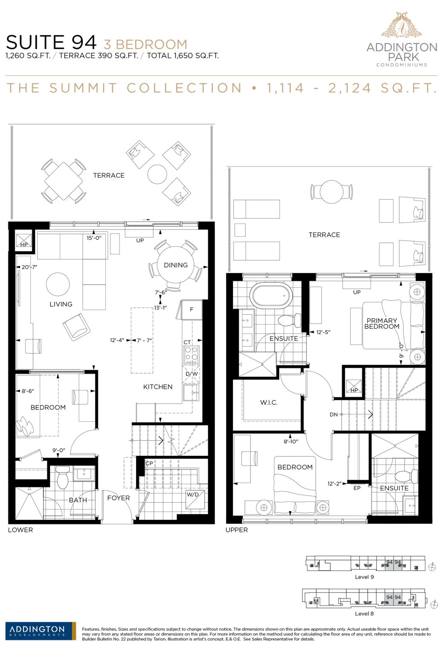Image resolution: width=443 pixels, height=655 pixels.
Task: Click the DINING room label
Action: [x=175, y=265]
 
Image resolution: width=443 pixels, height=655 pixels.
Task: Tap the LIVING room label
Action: [x=61, y=304]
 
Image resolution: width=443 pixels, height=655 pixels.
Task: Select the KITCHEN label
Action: [x=157, y=387]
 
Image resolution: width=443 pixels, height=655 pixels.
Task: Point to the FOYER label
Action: [x=118, y=498]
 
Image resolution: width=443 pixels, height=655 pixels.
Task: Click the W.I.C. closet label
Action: [x=268, y=403]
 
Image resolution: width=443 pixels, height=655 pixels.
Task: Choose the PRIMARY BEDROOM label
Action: [x=382, y=324]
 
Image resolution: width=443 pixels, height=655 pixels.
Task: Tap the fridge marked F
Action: [x=192, y=310]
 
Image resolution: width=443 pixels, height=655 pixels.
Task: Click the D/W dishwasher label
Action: [x=192, y=374]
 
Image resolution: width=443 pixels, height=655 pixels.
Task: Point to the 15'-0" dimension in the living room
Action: [x=94, y=238]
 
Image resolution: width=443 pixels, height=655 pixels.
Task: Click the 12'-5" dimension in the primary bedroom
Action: [x=323, y=332]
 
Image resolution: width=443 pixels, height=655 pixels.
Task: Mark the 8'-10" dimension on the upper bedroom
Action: [x=291, y=441]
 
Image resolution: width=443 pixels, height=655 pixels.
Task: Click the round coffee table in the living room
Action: [x=58, y=284]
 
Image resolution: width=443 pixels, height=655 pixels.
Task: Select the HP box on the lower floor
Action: [x=24, y=241]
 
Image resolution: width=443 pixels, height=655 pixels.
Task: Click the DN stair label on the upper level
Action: [x=334, y=414]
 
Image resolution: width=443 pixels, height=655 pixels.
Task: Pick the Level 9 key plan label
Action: [x=364, y=577]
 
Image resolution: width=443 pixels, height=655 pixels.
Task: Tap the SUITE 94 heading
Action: [x=51, y=43]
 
